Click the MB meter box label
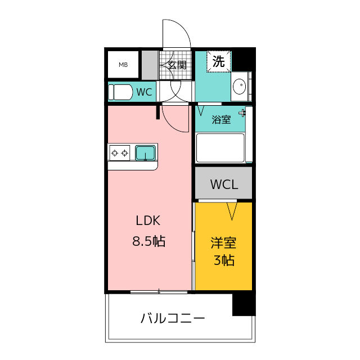click(x=123, y=65)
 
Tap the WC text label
click(x=144, y=92)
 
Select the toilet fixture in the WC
click(x=120, y=92)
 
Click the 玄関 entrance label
click(x=177, y=65)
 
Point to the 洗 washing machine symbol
click(x=219, y=61)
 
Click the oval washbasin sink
click(x=240, y=86)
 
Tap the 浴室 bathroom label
click(x=221, y=120)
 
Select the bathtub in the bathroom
click(x=220, y=148)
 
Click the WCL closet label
click(x=224, y=184)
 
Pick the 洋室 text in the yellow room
click(x=223, y=243)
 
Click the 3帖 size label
click(x=224, y=260)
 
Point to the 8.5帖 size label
click(x=148, y=241)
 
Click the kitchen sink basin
click(x=145, y=153)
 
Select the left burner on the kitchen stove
click(x=115, y=153)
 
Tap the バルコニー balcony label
click(x=173, y=318)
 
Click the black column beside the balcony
click(x=244, y=304)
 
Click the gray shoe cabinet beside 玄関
click(x=150, y=65)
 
